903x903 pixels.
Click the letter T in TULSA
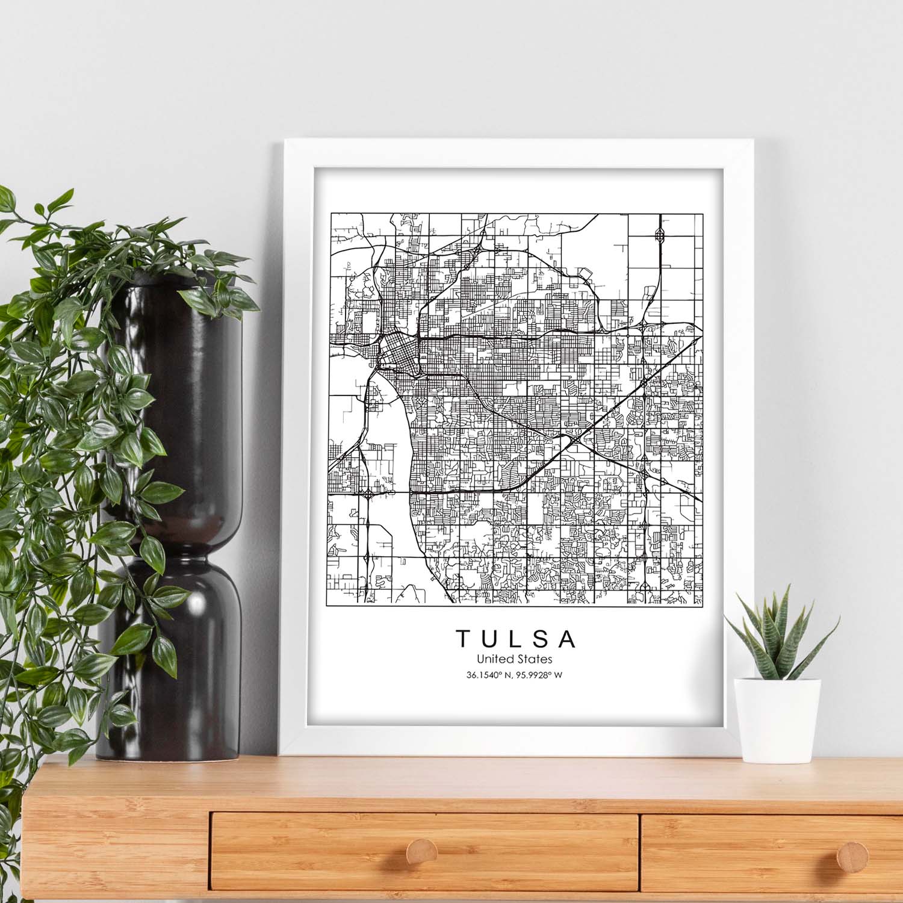[462, 639]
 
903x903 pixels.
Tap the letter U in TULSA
[489, 639]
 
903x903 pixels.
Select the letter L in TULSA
[515, 639]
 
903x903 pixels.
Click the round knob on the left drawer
[421, 852]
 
